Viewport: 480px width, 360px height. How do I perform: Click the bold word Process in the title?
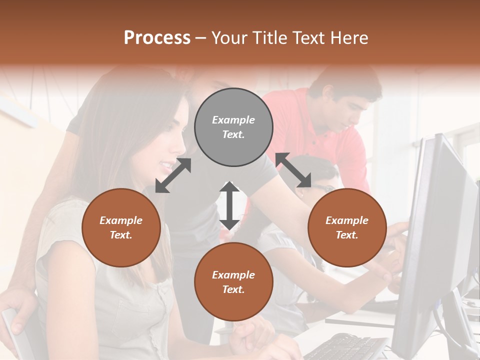[157, 38]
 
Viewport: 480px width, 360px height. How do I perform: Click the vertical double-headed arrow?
[229, 205]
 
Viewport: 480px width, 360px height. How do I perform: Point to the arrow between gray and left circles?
[173, 175]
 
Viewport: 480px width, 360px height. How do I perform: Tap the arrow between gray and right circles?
[293, 170]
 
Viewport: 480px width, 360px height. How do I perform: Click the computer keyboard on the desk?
[345, 347]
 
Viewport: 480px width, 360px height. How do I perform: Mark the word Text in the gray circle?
[233, 134]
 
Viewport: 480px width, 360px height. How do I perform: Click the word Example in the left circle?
[121, 220]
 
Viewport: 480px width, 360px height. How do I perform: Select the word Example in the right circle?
[347, 220]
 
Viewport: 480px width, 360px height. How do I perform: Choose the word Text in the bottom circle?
[233, 289]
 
